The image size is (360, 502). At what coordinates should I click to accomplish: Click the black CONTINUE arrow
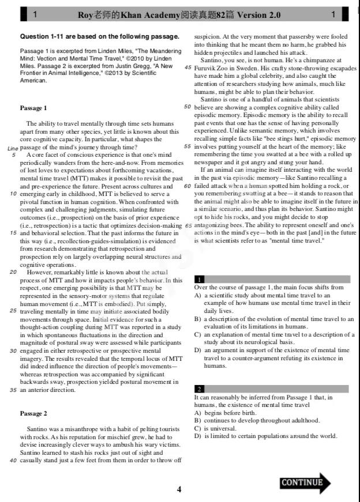(305, 482)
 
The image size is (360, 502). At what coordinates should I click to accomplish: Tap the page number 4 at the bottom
(179, 490)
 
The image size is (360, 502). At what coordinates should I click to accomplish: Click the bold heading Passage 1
(33, 108)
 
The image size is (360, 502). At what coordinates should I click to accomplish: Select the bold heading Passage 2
(33, 413)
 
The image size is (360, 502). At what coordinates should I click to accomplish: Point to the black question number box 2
(198, 389)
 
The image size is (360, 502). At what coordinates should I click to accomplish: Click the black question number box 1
(198, 279)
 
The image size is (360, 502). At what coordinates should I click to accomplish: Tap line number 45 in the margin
(187, 67)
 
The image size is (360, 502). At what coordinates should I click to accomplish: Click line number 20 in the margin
(13, 271)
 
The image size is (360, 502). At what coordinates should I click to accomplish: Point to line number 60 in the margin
(187, 186)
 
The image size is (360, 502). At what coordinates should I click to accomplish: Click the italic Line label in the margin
(13, 148)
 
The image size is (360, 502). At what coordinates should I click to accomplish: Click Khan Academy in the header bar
(138, 14)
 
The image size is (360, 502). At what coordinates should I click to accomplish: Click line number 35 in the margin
(13, 390)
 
